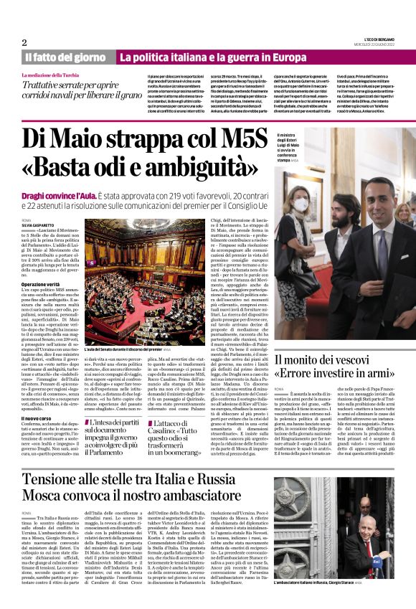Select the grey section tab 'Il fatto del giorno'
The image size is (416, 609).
(x=66, y=57)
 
